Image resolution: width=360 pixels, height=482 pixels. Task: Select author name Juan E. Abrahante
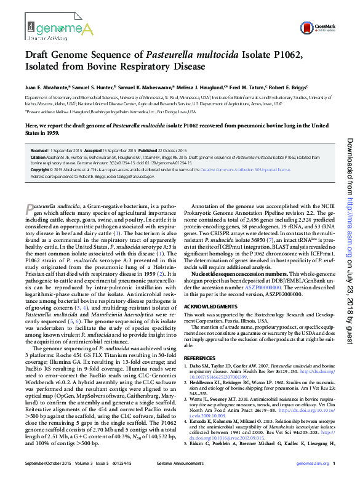point(49,87)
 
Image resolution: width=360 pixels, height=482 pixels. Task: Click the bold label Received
point(39,150)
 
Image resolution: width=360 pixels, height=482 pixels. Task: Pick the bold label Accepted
point(94,150)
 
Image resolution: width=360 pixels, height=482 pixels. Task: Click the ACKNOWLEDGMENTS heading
point(210,306)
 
